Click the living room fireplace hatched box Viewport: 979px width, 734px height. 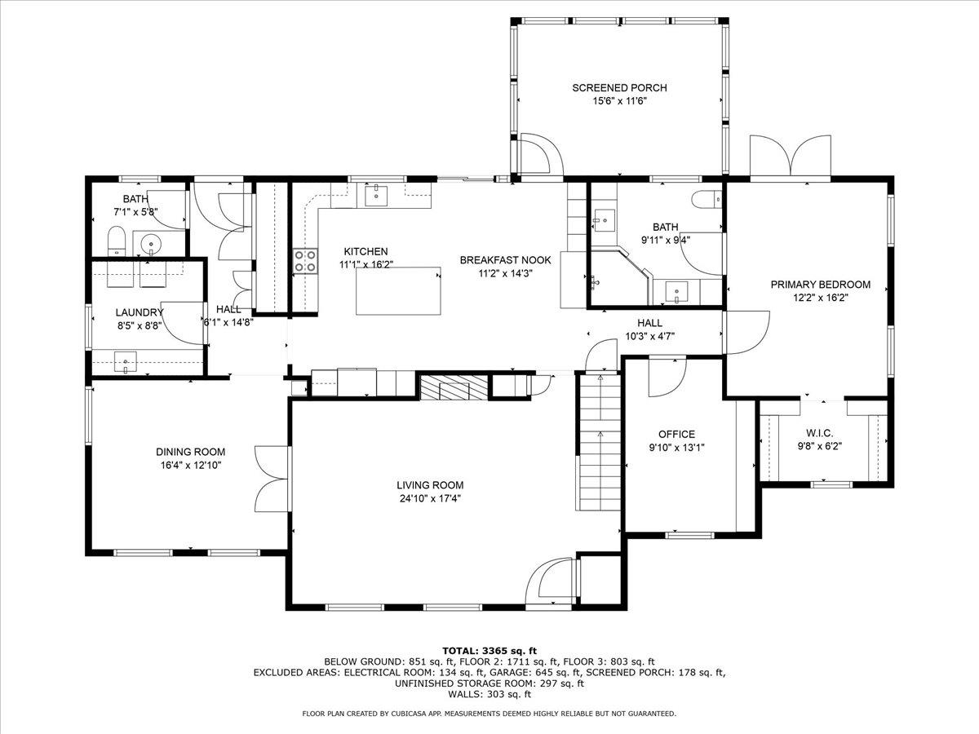[454, 387]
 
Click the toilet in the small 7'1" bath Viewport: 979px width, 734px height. [116, 241]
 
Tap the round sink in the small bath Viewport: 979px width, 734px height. [150, 244]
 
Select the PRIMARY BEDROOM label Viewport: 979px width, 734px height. [821, 285]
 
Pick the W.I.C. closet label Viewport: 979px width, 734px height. [819, 432]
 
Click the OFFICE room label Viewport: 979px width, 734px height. [676, 434]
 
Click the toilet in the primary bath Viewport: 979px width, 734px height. [707, 198]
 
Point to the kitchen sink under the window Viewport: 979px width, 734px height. [375, 196]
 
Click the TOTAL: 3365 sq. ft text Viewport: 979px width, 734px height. [489, 650]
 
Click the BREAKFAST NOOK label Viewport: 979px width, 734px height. [505, 260]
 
